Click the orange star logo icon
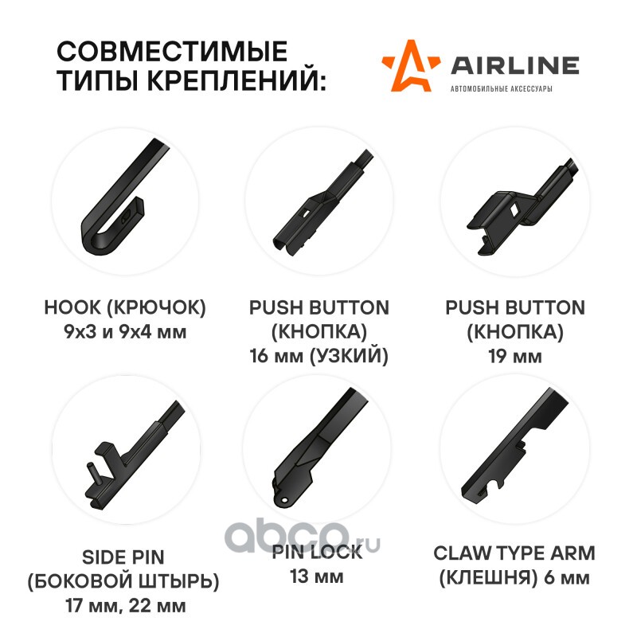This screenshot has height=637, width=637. [410, 65]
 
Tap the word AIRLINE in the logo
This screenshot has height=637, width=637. [515, 65]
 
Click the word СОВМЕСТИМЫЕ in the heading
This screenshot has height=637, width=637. [172, 51]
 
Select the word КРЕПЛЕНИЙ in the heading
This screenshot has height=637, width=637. [236, 80]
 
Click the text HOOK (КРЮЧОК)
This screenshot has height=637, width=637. [125, 307]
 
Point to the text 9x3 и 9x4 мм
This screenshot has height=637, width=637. [125, 332]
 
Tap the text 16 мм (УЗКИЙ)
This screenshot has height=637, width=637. [319, 356]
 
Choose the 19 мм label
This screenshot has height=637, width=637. [515, 356]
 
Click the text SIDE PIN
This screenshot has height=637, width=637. [123, 557]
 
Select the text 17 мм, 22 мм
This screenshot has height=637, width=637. [126, 606]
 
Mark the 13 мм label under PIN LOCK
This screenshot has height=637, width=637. [317, 576]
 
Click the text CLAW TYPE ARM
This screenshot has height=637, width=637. [514, 553]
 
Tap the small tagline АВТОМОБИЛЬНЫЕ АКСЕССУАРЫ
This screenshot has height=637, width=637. [502, 88]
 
